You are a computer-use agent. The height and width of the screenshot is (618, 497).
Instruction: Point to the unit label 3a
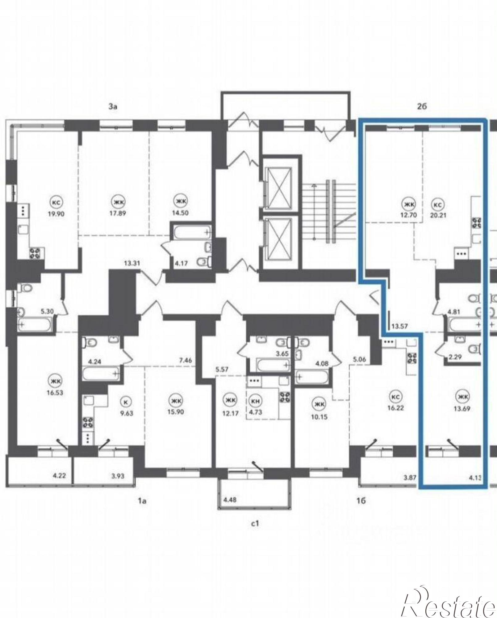pos(113,107)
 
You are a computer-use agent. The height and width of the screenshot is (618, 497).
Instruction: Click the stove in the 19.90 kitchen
pos(36,253)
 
